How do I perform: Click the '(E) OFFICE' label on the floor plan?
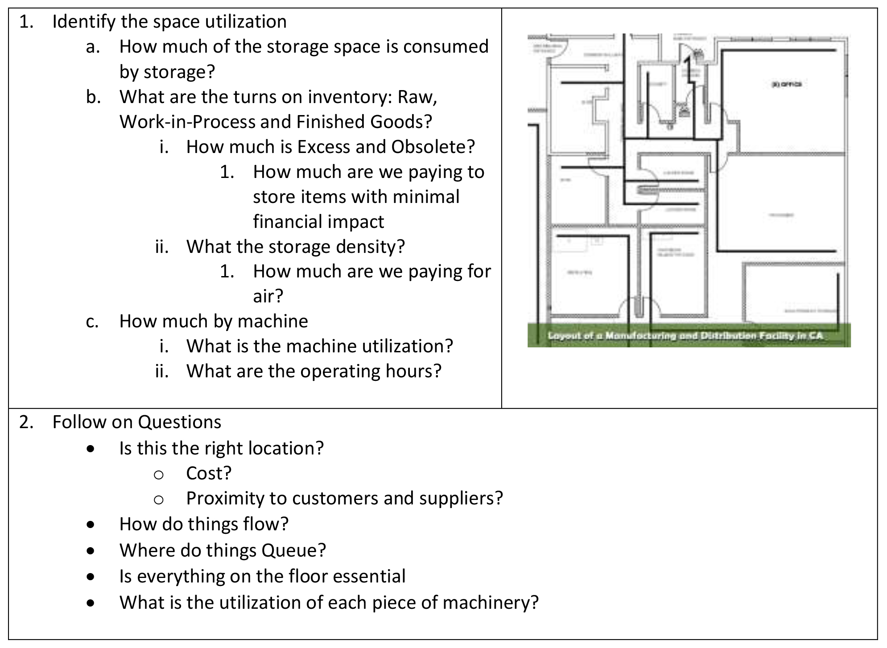(787, 84)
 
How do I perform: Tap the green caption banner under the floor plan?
(689, 335)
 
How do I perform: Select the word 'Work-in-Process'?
(187, 122)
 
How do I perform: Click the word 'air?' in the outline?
(268, 296)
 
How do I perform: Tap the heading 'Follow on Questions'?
(136, 422)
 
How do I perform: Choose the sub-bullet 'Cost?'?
(209, 473)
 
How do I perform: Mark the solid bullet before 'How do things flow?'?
(91, 525)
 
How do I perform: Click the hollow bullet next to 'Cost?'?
(158, 475)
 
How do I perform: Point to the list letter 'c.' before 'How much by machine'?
(92, 322)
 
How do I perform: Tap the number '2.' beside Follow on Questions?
(26, 422)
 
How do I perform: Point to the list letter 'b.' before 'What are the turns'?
(93, 97)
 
